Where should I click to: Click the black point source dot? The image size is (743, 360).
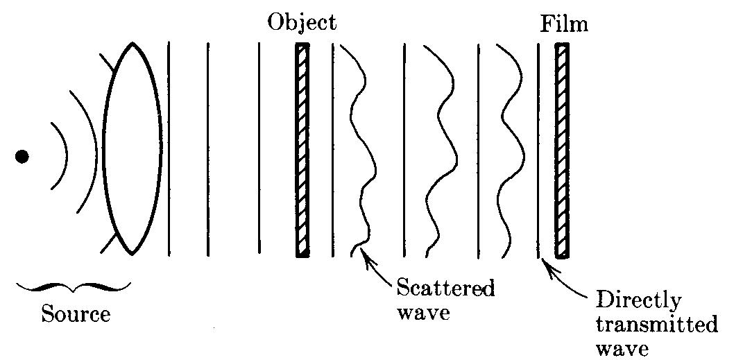click(22, 157)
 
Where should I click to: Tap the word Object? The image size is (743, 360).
click(302, 23)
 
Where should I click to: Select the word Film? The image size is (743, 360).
click(564, 25)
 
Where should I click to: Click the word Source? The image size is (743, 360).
click(76, 314)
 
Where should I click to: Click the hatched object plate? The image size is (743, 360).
click(302, 150)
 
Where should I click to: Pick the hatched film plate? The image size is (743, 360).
click(562, 150)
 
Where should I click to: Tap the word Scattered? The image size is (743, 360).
click(445, 288)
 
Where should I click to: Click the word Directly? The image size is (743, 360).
click(639, 301)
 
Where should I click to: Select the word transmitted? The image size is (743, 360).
click(656, 325)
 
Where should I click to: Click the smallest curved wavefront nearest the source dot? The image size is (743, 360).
click(60, 156)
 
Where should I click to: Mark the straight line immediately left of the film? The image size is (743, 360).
click(539, 150)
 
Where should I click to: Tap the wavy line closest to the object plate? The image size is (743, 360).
click(361, 150)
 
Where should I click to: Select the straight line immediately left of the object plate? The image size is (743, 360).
click(259, 150)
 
